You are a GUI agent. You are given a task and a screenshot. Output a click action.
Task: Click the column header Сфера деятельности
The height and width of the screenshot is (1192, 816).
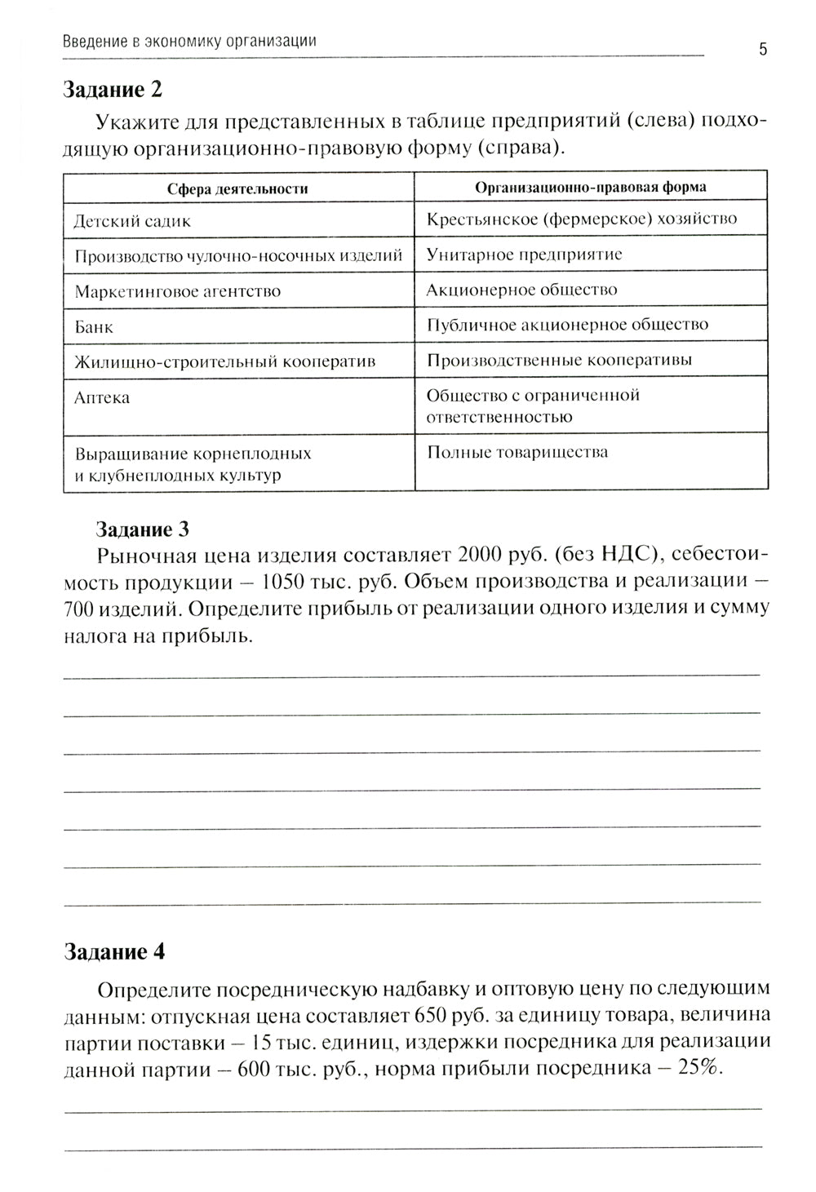(237, 188)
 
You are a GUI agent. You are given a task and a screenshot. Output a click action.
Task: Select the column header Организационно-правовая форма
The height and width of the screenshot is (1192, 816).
(591, 187)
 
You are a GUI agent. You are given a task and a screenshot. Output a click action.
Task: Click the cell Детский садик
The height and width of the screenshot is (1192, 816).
(132, 221)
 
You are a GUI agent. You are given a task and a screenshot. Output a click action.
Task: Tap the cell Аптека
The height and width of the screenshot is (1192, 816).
(102, 398)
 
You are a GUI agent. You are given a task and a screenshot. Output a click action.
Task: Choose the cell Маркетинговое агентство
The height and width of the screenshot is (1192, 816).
(177, 291)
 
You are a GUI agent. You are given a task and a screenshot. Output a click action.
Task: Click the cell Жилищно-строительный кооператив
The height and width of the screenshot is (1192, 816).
(224, 361)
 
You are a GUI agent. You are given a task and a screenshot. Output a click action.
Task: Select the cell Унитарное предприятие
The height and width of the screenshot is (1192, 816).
(524, 255)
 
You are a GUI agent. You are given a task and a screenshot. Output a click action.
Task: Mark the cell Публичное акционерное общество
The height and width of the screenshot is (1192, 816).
(567, 325)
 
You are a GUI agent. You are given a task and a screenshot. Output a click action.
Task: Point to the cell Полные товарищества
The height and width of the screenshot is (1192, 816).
(517, 452)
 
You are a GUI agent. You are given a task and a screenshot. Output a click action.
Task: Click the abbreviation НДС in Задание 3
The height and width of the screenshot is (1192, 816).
(624, 556)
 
